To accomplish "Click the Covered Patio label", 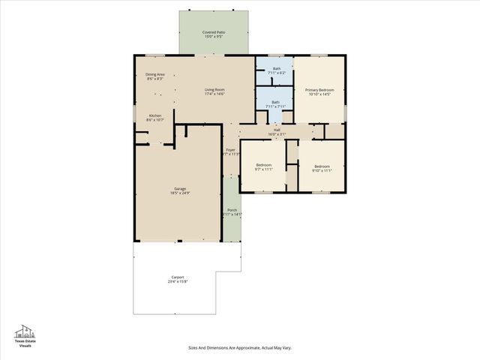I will [x=214, y=32].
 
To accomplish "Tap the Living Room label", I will [x=214, y=89].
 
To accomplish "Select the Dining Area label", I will [x=155, y=74].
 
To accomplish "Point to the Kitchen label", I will [x=155, y=115].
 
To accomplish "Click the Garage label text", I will [x=180, y=188].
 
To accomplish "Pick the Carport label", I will [x=177, y=277].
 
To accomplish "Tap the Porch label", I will [x=232, y=210].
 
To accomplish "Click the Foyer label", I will [x=231, y=150].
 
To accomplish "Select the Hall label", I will [x=277, y=130].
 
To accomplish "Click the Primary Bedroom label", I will [x=319, y=89].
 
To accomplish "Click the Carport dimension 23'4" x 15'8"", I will [x=177, y=282].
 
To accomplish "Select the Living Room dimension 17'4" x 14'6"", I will [x=214, y=94].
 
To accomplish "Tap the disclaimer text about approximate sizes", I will [x=239, y=348].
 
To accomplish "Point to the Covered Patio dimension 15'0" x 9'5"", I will [x=214, y=37].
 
